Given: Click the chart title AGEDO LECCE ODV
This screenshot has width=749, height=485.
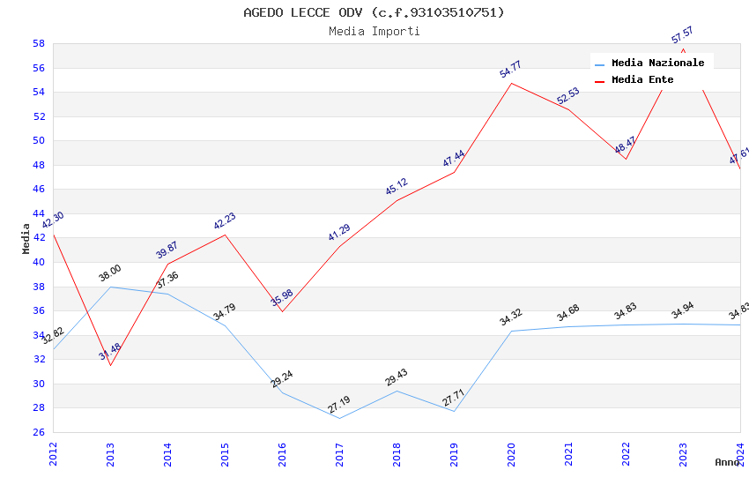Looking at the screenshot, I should click(374, 12).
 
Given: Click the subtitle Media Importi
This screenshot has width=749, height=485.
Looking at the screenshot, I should click(374, 31).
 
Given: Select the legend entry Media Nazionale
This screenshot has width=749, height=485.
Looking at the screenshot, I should click(657, 63).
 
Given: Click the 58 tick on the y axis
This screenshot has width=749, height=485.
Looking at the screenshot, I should click(39, 43).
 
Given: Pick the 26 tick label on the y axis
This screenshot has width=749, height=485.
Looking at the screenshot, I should click(39, 432).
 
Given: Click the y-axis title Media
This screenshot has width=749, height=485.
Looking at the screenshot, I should click(26, 238).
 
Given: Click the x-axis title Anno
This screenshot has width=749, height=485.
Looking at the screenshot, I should click(727, 462).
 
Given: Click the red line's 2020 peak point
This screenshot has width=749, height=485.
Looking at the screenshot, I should click(511, 83).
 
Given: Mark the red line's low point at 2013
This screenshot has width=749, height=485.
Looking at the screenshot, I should click(110, 365).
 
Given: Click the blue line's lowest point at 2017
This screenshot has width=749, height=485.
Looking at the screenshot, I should click(339, 418).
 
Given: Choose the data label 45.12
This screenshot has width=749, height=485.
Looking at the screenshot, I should click(397, 187).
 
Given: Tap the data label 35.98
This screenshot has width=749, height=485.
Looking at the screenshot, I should click(282, 297).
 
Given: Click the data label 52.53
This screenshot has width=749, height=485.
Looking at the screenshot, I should click(568, 96).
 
